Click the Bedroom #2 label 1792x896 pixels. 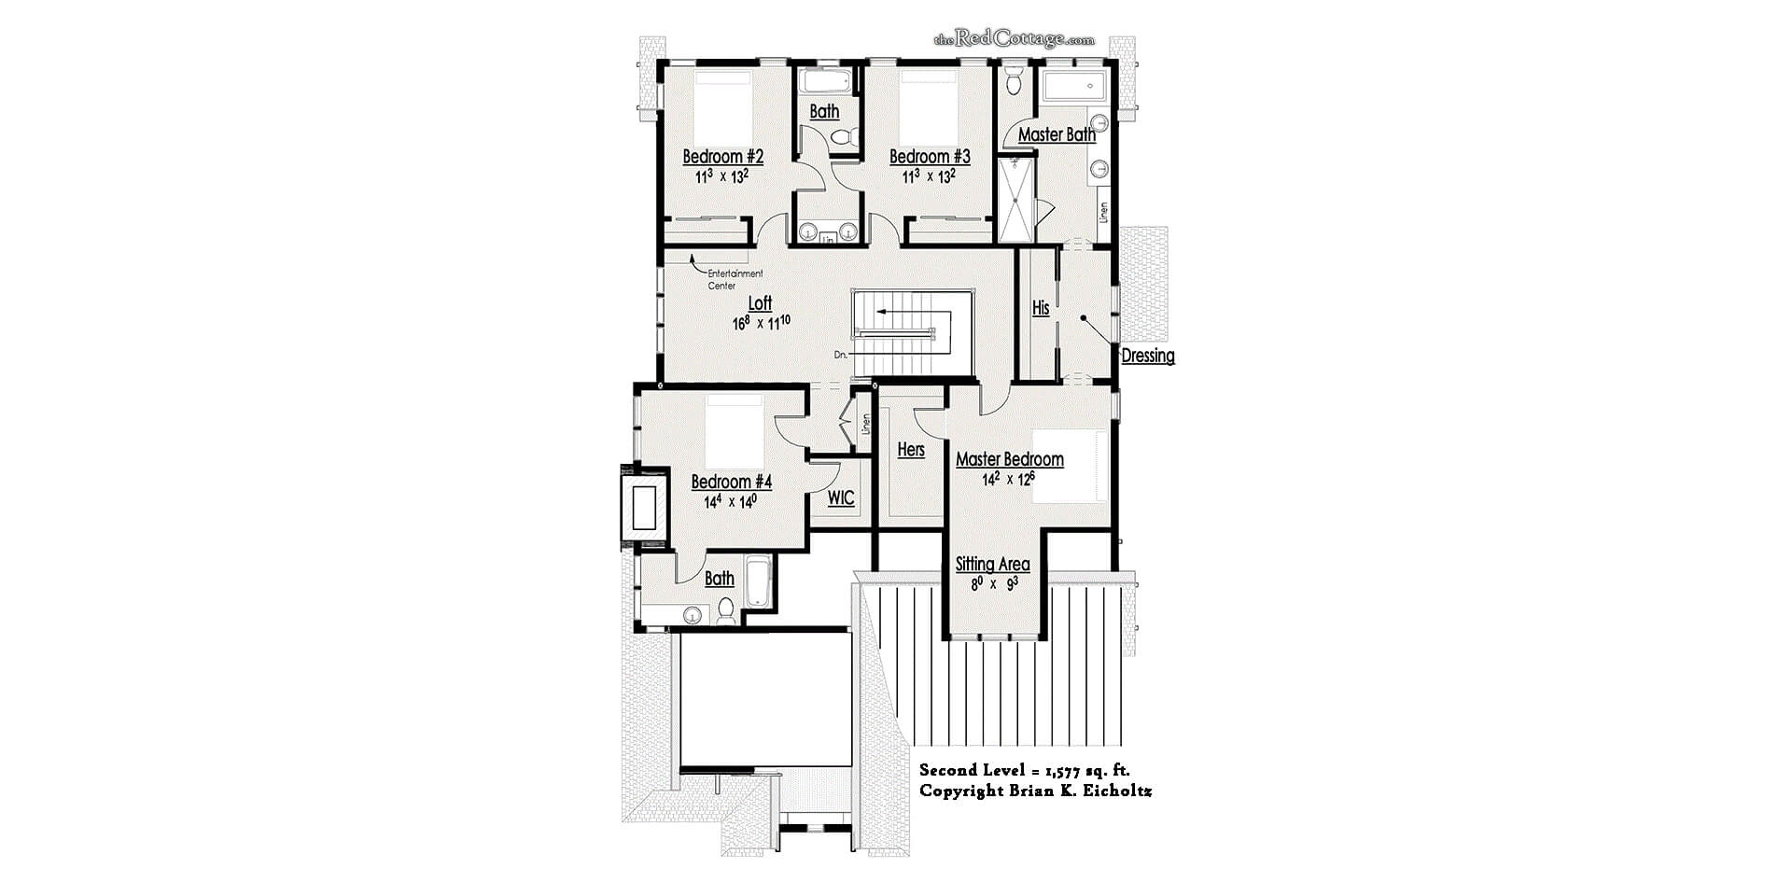click(x=722, y=157)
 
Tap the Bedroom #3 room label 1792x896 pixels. click(x=930, y=157)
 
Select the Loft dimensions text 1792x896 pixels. click(x=762, y=323)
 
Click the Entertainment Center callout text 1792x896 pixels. click(x=735, y=279)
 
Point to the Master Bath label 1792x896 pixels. click(x=1057, y=134)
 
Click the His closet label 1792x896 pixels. click(x=1041, y=307)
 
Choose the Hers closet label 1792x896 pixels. click(x=911, y=450)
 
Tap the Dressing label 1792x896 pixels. click(x=1147, y=356)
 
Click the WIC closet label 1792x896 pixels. click(x=841, y=497)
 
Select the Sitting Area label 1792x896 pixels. click(x=992, y=564)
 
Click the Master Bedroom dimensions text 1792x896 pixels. click(x=1008, y=479)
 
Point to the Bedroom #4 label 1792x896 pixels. click(x=731, y=482)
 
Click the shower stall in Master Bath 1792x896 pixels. click(x=1016, y=199)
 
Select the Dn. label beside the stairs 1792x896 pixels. click(x=841, y=355)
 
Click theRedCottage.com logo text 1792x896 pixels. click(x=1014, y=39)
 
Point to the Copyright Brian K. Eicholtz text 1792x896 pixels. click(x=1035, y=791)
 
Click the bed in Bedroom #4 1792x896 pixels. click(x=735, y=433)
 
